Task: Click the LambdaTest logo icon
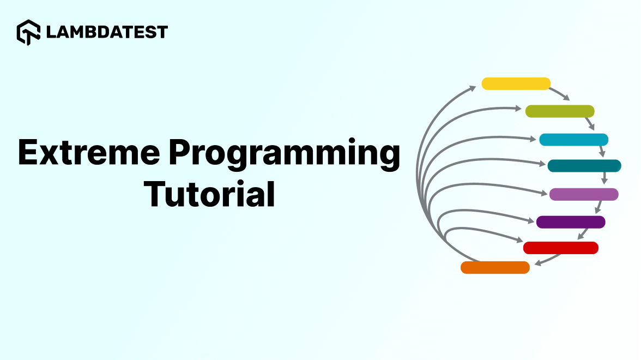click(28, 32)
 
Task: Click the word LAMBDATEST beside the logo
click(107, 32)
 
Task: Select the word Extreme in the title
click(89, 152)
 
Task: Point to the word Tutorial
click(209, 194)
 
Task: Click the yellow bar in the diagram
click(516, 83)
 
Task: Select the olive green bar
click(560, 111)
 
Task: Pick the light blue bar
click(573, 140)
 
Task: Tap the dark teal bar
click(584, 166)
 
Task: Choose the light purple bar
click(584, 194)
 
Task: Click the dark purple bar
click(571, 222)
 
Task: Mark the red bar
click(561, 248)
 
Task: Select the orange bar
click(495, 267)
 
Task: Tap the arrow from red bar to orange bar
click(548, 260)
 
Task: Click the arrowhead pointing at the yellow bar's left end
click(473, 88)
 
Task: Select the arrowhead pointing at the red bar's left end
click(520, 240)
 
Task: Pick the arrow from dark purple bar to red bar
click(583, 234)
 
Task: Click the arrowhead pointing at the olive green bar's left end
click(518, 109)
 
